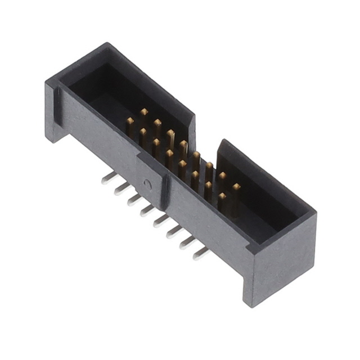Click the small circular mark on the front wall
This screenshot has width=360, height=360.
pyautogui.click(x=147, y=183)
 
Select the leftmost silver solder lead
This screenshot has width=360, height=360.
pyautogui.click(x=105, y=178)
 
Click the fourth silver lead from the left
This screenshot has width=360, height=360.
pyautogui.click(x=147, y=210)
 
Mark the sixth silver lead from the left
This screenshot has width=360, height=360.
pyautogui.click(x=174, y=232)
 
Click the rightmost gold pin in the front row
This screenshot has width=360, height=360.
pyautogui.click(x=222, y=198)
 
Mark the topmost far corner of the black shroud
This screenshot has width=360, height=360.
pyautogui.click(x=105, y=44)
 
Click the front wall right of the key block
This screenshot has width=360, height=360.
pyautogui.click(x=208, y=225)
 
